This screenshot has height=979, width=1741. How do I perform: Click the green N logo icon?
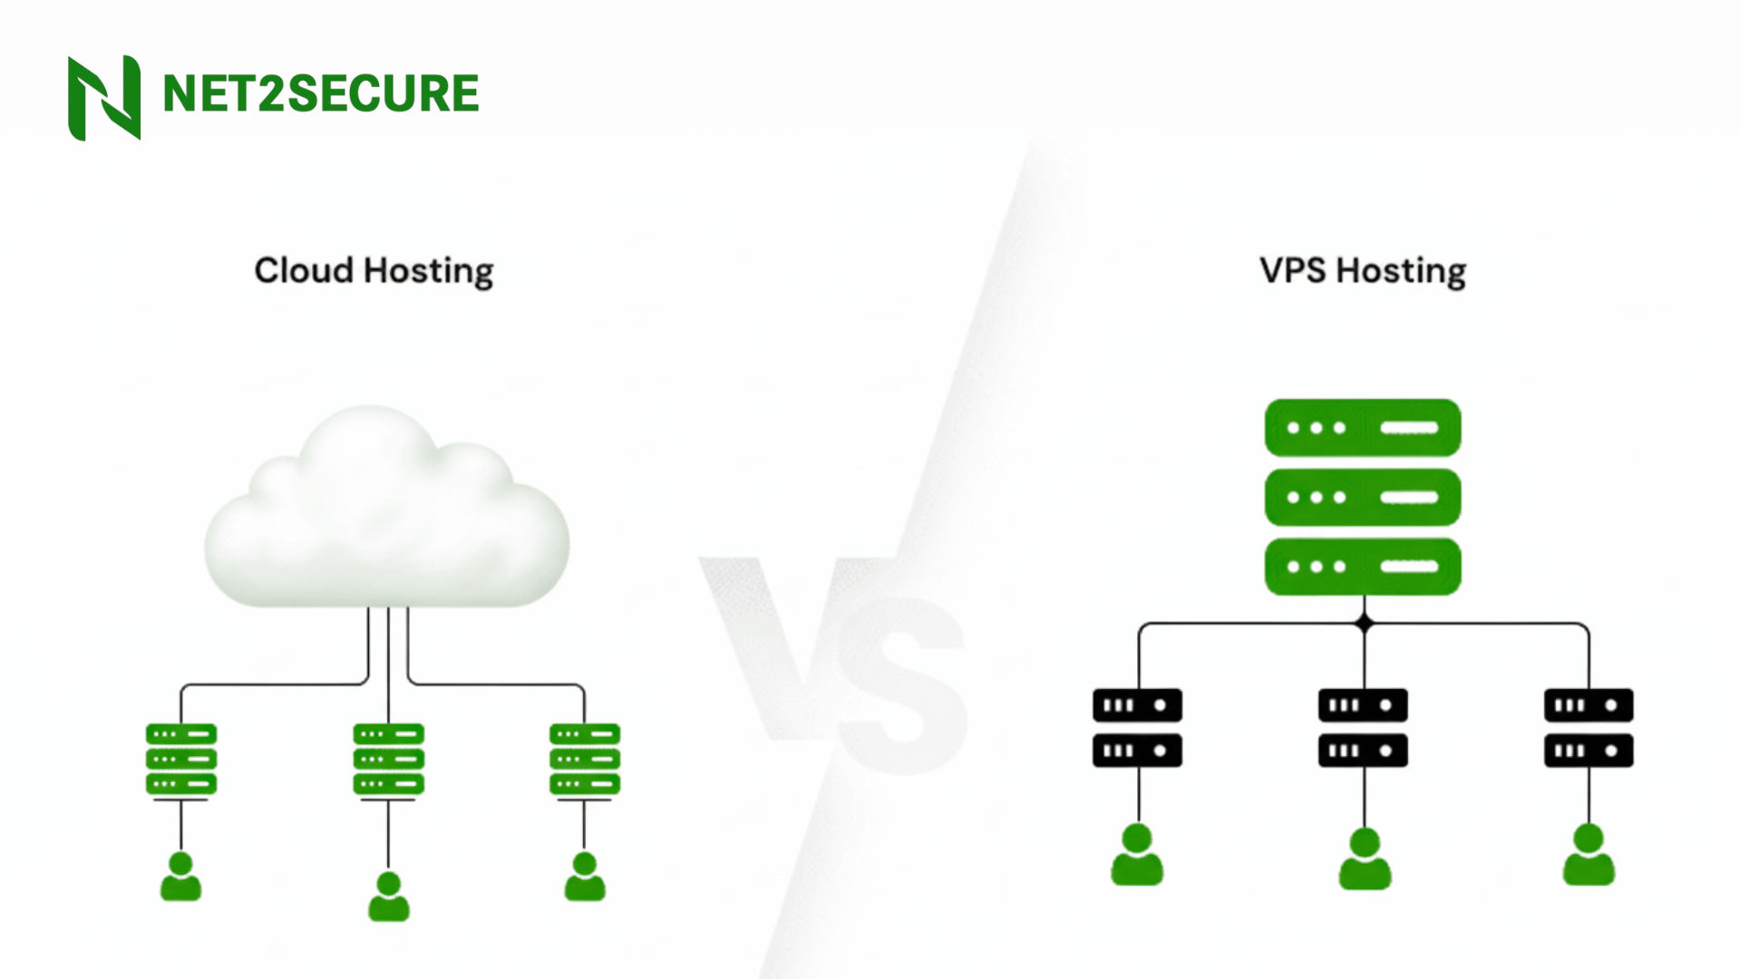104,98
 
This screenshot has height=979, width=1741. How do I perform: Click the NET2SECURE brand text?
320,94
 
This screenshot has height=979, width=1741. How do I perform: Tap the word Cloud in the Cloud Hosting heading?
304,270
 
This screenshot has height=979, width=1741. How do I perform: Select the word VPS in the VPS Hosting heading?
1292,270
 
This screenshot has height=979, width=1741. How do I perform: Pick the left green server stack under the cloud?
181,759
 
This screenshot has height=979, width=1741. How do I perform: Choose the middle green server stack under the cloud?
388,759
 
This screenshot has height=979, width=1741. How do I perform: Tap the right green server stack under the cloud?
585,759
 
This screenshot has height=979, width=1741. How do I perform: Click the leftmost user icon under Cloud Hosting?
181,877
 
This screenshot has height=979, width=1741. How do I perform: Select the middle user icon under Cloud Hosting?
388,897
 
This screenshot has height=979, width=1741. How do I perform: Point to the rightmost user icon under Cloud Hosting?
585,877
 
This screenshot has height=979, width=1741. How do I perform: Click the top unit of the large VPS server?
1363,428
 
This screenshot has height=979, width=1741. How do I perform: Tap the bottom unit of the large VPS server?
1363,567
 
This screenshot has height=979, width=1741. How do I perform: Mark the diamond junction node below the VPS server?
1365,624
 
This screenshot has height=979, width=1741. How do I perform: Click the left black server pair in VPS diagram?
1137,728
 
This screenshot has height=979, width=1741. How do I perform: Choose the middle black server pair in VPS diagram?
1363,728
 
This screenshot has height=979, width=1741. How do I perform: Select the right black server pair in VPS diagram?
1589,728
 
